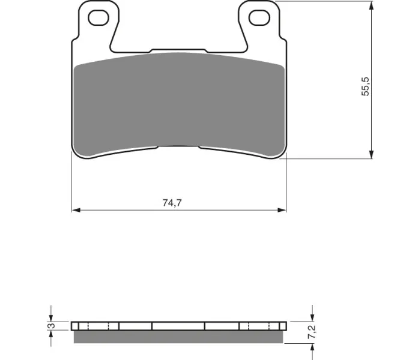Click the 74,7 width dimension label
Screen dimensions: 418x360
point(172,203)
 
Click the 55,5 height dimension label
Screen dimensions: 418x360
point(365,86)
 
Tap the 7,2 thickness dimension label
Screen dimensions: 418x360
point(312,332)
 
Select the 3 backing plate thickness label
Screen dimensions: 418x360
point(52,326)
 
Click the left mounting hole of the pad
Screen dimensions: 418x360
point(98,18)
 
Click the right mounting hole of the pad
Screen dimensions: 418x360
point(259,18)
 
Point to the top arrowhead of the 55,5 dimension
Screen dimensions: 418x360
point(371,5)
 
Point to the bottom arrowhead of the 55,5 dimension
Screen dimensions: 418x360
point(371,154)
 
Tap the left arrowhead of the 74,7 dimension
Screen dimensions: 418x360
point(76,210)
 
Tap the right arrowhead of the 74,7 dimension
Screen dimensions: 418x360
point(282,210)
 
